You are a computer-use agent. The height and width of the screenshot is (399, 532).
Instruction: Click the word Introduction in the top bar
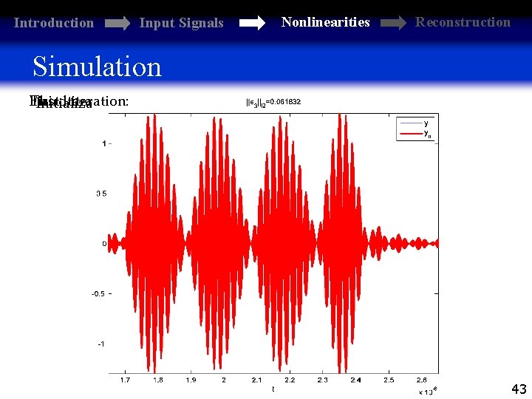54,23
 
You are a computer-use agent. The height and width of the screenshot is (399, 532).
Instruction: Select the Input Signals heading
181,23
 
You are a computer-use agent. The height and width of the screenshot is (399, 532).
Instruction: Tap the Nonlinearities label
325,22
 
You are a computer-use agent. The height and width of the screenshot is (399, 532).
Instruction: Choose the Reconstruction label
463,21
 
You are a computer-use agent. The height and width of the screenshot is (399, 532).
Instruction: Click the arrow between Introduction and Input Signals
117,24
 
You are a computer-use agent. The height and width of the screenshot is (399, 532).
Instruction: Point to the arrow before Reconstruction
392,23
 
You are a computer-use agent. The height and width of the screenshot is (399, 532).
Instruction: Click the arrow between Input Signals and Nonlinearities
252,24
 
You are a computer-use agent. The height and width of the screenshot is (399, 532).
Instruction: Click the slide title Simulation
97,66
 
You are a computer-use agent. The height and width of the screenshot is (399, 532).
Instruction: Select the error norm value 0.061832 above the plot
278,102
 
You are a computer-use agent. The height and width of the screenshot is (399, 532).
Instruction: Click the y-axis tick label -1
100,344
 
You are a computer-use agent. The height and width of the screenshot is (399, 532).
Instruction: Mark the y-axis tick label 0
103,243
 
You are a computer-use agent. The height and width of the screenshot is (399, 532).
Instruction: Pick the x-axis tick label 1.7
125,380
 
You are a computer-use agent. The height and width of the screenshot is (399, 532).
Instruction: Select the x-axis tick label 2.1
256,380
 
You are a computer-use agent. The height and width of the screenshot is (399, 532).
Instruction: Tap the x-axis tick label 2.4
355,380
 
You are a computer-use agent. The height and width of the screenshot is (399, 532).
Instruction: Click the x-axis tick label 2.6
421,380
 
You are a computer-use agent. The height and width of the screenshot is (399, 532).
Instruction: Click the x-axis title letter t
273,389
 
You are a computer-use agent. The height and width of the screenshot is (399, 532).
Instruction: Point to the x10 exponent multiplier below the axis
428,390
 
